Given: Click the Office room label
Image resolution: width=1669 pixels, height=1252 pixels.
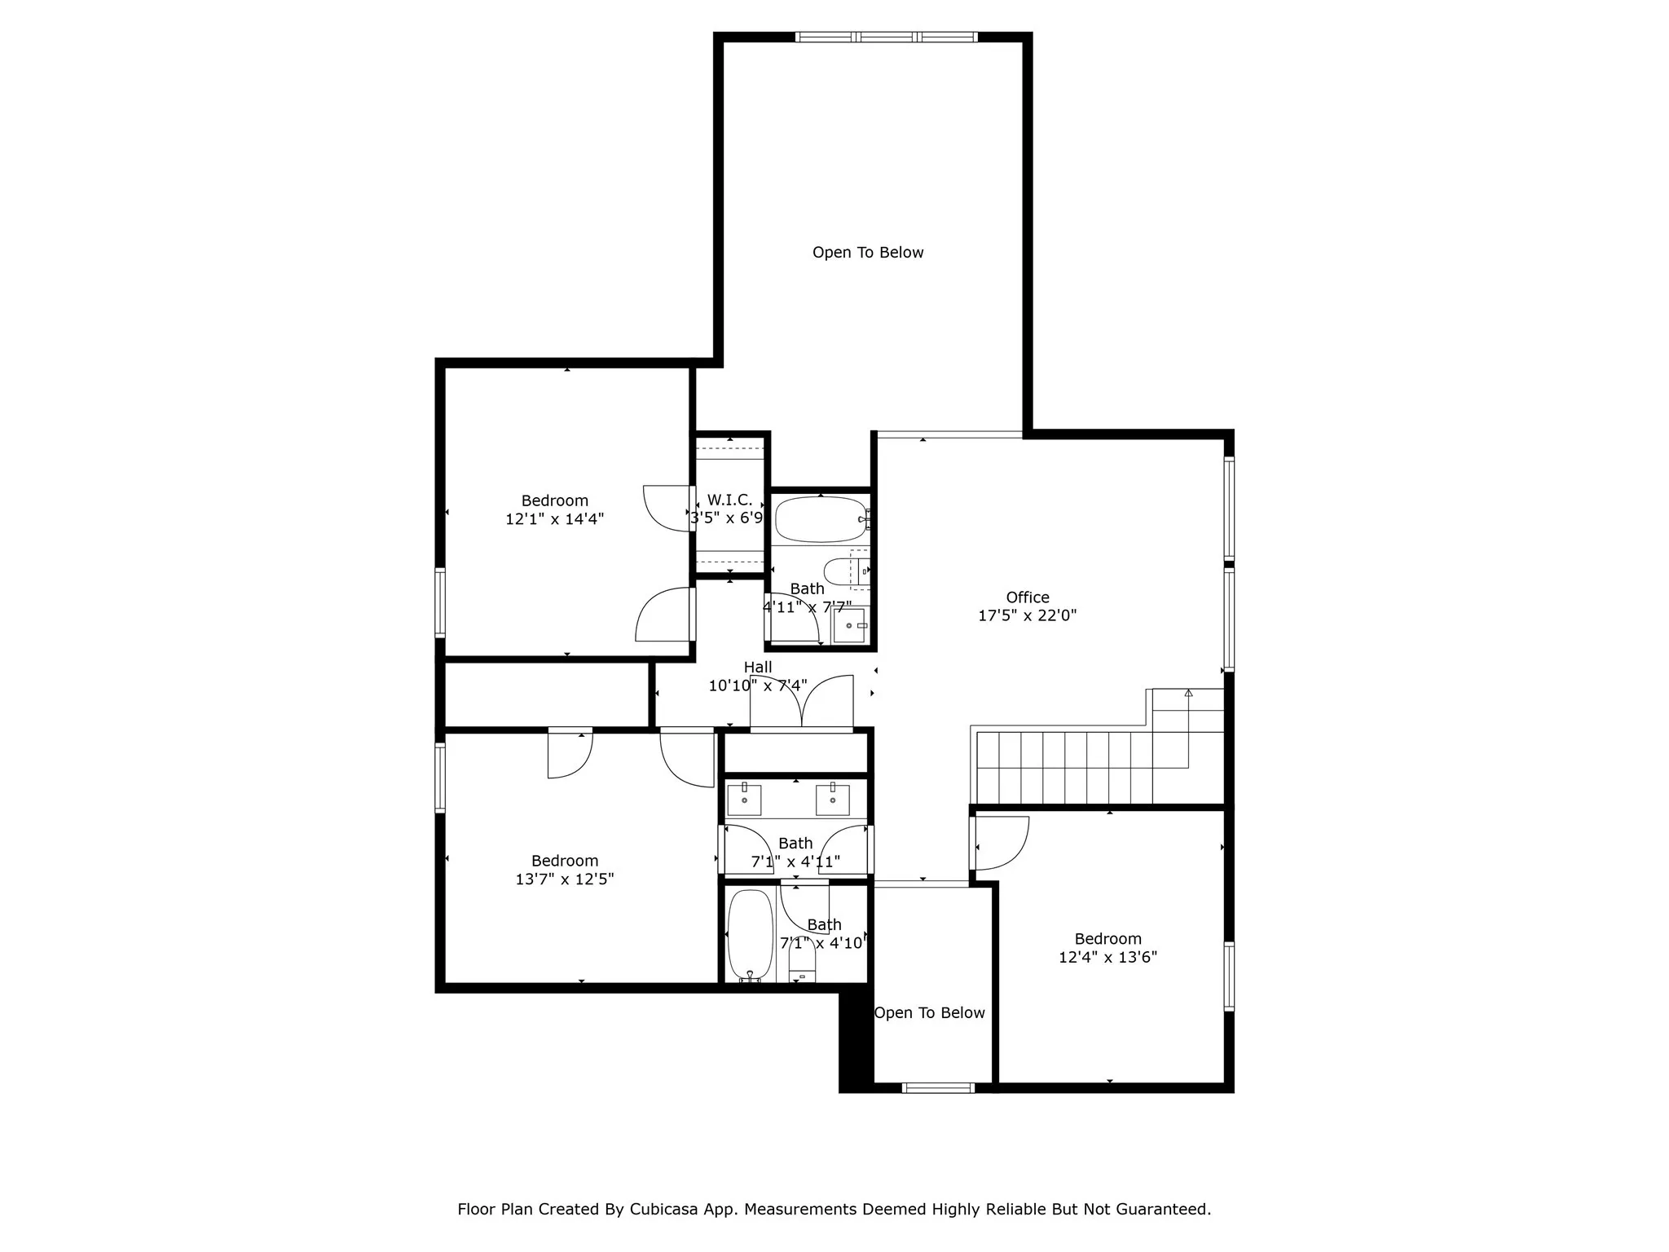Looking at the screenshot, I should pyautogui.click(x=1027, y=597).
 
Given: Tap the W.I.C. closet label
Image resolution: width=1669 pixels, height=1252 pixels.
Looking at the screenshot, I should pyautogui.click(x=729, y=500).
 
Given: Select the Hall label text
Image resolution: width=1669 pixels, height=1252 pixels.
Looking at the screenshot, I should pyautogui.click(x=757, y=668).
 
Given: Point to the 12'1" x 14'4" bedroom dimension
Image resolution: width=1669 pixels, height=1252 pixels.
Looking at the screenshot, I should pyautogui.click(x=554, y=519).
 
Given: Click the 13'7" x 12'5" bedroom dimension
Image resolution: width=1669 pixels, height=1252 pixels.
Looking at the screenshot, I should pyautogui.click(x=564, y=879).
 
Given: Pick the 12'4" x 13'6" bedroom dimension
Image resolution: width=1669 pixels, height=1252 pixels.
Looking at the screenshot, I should pyautogui.click(x=1108, y=957).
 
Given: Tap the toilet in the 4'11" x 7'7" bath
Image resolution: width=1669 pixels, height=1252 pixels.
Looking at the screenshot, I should pyautogui.click(x=839, y=571).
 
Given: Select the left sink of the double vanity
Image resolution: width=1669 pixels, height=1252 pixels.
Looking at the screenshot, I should pyautogui.click(x=744, y=800).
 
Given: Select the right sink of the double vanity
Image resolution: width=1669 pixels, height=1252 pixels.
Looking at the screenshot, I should pyautogui.click(x=833, y=800).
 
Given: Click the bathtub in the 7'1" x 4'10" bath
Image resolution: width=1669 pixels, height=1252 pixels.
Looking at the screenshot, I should pyautogui.click(x=750, y=934).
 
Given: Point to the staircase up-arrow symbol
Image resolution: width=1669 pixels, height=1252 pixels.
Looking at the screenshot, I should pyautogui.click(x=1188, y=694).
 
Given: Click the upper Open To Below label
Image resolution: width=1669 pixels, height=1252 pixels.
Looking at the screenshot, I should pyautogui.click(x=868, y=253).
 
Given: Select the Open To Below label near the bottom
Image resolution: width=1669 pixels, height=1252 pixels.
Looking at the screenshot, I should pyautogui.click(x=929, y=1013).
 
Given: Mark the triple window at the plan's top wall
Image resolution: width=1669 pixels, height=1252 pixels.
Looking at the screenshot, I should pyautogui.click(x=887, y=37).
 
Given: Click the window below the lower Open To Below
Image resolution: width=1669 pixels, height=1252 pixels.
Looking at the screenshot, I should pyautogui.click(x=938, y=1087).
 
